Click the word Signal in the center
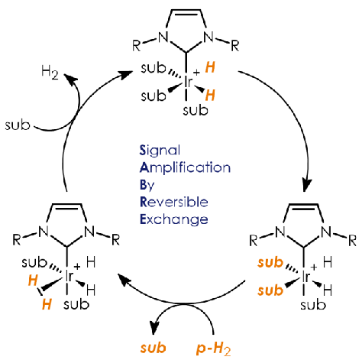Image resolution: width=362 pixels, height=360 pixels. click(x=160, y=151)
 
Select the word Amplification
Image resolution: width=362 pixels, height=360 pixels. click(x=185, y=168)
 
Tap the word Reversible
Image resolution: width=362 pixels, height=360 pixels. click(x=174, y=202)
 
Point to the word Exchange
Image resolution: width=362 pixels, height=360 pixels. click(x=174, y=219)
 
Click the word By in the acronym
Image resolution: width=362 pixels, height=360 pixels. click(x=147, y=185)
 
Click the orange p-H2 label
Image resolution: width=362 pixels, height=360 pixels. click(x=214, y=349)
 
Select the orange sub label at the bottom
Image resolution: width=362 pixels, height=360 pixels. click(x=154, y=348)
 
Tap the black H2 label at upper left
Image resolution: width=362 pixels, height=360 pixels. click(x=50, y=73)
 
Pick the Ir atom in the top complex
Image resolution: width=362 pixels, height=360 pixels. click(x=188, y=82)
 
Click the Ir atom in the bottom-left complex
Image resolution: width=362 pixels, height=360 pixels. click(x=69, y=276)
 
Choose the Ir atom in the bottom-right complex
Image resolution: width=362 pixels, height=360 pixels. click(x=305, y=276)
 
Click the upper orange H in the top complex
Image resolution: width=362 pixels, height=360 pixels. click(x=210, y=68)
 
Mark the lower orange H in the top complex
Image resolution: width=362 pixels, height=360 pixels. click(x=210, y=96)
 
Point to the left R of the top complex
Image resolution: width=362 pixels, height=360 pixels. click(x=137, y=46)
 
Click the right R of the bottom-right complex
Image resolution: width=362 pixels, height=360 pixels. click(x=352, y=241)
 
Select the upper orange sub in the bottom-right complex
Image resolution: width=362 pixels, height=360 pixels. click(x=270, y=263)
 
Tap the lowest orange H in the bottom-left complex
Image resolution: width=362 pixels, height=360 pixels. click(x=47, y=304)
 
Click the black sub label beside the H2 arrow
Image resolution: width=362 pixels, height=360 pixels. click(x=18, y=125)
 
